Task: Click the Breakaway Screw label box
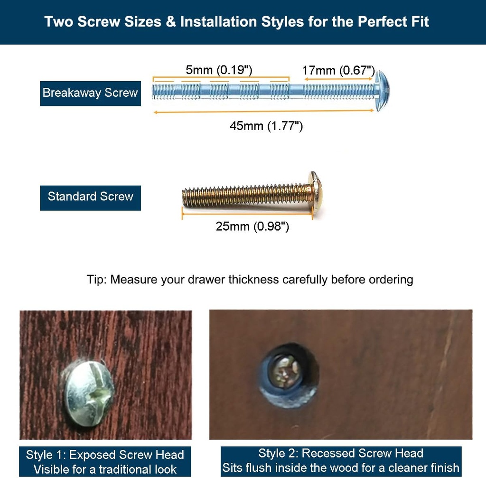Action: point(90,93)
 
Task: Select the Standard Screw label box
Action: point(90,197)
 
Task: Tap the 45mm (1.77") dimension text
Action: point(266,126)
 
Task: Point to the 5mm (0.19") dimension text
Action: point(219,70)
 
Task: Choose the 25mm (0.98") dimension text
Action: point(252,226)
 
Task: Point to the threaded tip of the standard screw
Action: point(187,197)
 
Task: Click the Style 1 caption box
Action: point(105,462)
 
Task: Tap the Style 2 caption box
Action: point(341,460)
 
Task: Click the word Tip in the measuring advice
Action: point(96,279)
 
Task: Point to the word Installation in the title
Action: point(220,22)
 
